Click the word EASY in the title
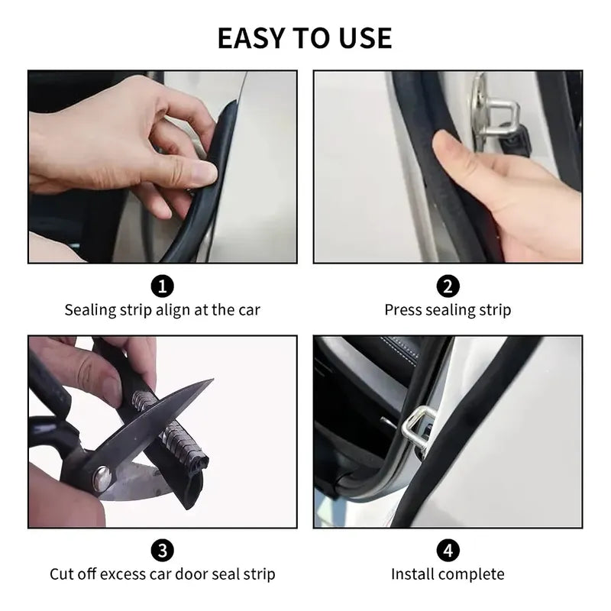coord(251,38)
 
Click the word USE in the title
coord(365,38)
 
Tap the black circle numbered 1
coord(162,286)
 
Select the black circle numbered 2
coord(448,286)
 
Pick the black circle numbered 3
coord(162,551)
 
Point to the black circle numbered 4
coord(448,551)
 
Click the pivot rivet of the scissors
coord(102,477)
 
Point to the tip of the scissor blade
coord(213,378)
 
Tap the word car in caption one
coord(249,311)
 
